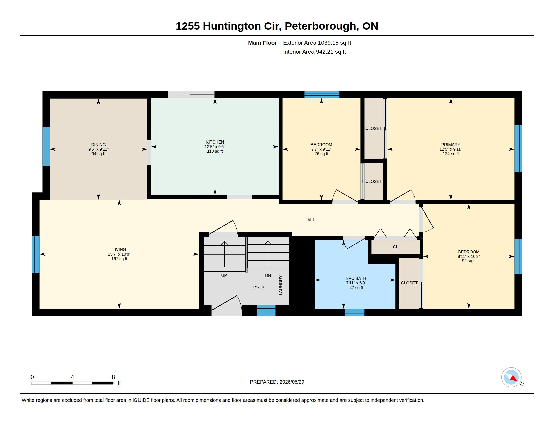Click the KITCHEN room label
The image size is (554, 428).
[215, 142]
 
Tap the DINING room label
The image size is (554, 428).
[98, 145]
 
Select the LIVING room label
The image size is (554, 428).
[119, 249]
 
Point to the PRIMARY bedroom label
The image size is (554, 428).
[451, 145]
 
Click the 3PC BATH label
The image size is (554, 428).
[356, 278]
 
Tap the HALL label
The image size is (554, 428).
[309, 220]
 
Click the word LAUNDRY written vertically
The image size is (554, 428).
[281, 285]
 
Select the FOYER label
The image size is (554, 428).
[258, 287]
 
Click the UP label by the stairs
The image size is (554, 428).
[224, 275]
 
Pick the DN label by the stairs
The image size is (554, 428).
[268, 275]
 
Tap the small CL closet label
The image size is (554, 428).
[395, 247]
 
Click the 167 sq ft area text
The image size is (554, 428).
[119, 259]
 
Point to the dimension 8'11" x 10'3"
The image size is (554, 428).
[469, 256]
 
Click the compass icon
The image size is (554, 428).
[511, 377]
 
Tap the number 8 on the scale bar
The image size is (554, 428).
[113, 377]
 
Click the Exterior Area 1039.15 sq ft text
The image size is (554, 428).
[317, 43]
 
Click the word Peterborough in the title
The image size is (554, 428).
[320, 26]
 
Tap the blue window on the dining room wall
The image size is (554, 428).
[46, 147]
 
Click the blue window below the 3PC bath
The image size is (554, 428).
[354, 312]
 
